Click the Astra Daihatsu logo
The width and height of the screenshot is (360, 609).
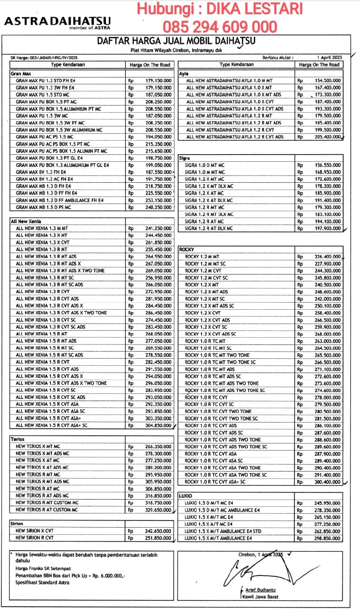(58, 23)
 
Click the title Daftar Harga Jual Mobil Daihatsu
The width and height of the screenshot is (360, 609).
(175, 42)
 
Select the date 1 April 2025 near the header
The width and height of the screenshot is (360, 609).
(328, 58)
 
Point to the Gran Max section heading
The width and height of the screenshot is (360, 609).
(20, 74)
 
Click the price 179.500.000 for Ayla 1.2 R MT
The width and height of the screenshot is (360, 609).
(328, 116)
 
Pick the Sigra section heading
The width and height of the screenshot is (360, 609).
(185, 157)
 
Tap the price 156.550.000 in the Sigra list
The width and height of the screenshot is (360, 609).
(328, 165)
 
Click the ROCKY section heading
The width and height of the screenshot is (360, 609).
(187, 249)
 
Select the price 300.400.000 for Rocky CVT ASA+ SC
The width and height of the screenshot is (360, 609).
(328, 482)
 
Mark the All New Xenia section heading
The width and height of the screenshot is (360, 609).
(26, 221)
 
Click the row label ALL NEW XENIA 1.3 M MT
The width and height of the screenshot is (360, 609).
(42, 228)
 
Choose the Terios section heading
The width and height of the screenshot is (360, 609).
(18, 439)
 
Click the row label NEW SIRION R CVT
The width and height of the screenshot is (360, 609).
(35, 538)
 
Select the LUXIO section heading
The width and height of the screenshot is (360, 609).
(185, 496)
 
